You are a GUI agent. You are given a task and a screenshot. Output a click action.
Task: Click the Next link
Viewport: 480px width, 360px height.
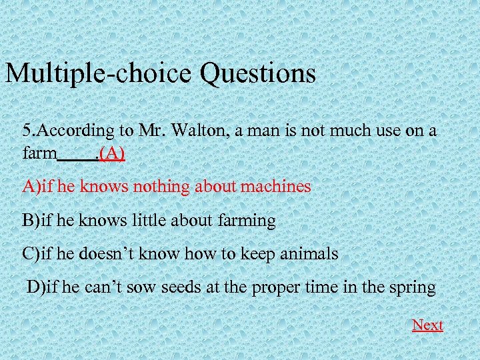tap(427, 325)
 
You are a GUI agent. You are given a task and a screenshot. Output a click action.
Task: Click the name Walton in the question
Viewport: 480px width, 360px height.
tap(193, 130)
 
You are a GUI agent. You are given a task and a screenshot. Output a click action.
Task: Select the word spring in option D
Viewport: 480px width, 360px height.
tap(411, 288)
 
